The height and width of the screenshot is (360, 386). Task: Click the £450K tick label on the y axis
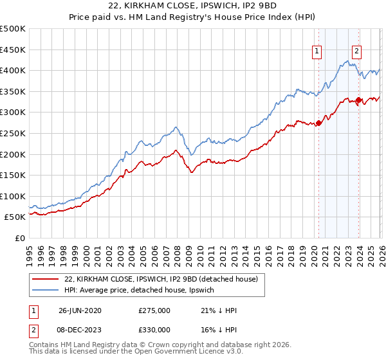(13, 50)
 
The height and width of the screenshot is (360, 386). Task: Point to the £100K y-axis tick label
(13, 196)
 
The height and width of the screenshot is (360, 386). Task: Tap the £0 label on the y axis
(19, 238)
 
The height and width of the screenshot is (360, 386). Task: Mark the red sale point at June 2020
(318, 123)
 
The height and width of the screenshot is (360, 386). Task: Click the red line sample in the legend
(45, 279)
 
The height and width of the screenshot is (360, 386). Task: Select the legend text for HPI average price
(143, 290)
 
